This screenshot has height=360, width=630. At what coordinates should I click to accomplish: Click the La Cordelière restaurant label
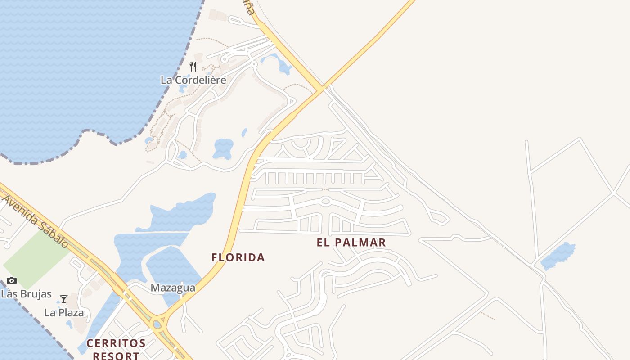pos(193,80)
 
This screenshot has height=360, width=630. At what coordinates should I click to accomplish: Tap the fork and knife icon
pos(193,67)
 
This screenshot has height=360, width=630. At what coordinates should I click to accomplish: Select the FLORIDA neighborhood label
pos(238,257)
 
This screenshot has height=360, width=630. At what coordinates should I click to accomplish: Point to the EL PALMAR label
pos(351,243)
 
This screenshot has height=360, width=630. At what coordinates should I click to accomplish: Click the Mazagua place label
pos(173,288)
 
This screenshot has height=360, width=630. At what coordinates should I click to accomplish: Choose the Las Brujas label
pos(26,294)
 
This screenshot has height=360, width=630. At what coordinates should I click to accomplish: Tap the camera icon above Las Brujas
pos(12,281)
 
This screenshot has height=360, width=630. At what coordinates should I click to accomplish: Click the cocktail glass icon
pos(64,299)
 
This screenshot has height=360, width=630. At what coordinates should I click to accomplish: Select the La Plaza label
pos(64,312)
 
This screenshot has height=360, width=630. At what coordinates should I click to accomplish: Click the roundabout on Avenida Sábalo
pos(157,324)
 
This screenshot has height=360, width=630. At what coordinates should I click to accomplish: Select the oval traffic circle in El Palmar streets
pos(326,201)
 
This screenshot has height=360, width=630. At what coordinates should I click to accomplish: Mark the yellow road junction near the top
pos(322,88)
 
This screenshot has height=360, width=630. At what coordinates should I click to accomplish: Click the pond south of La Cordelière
pos(223,148)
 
